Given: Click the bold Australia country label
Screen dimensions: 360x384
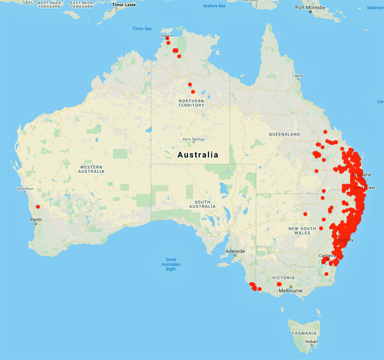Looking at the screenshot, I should (x=196, y=155).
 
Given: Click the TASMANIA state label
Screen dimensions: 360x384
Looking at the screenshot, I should (x=304, y=334).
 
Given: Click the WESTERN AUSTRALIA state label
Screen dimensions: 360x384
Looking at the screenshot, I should (x=91, y=168).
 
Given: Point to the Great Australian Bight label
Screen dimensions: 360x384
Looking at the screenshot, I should (x=170, y=265).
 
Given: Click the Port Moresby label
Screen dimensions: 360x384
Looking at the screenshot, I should (x=314, y=8).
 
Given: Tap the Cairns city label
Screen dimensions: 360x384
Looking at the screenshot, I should (x=297, y=76).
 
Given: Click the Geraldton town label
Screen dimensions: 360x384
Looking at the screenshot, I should (x=27, y=189).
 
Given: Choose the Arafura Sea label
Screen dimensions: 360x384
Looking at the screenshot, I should (x=214, y=6).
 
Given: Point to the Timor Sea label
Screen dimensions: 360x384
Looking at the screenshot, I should (x=142, y=29).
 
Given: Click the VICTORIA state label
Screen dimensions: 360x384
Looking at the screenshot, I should (x=284, y=278).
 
